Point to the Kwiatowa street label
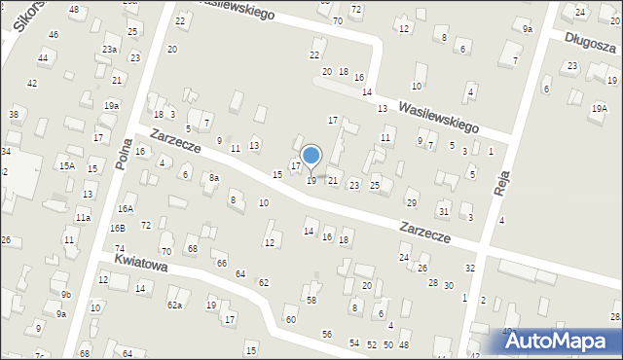[141, 265]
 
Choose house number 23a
[110, 49]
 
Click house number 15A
[66, 166]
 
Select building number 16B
[118, 228]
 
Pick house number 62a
[174, 306]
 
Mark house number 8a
[213, 178]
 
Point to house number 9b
[66, 294]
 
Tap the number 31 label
[444, 212]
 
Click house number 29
[412, 202]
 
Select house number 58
[311, 300]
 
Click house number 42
[32, 84]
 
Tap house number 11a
[84, 219]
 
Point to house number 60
[290, 320]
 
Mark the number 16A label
[126, 209]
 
